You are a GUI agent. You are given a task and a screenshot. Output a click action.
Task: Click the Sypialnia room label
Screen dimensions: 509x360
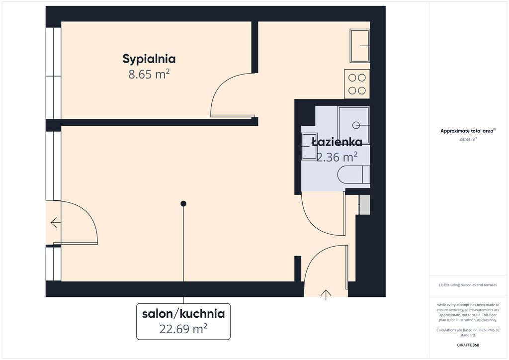[149, 59]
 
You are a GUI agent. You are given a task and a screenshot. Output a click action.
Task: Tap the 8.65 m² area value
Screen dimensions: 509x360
[149, 75]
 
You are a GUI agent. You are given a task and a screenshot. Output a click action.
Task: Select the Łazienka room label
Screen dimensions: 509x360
[337, 142]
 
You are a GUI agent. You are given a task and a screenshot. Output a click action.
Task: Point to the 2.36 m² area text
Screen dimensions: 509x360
[337, 157]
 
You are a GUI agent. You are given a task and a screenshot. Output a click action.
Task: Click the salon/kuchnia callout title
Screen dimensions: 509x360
[183, 314]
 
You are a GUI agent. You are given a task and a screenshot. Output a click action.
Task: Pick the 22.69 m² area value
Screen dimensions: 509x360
[183, 329]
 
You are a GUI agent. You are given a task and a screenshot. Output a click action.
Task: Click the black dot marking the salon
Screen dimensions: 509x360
[183, 204]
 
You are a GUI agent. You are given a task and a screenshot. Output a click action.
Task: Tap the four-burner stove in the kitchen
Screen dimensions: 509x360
[357, 84]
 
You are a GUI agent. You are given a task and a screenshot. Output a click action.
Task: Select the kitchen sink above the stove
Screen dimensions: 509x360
[360, 46]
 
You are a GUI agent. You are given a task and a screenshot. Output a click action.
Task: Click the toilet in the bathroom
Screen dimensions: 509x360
[353, 175]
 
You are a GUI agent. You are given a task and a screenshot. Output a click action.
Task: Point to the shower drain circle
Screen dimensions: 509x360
[356, 125]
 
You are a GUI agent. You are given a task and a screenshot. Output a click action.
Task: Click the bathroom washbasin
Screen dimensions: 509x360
[309, 146]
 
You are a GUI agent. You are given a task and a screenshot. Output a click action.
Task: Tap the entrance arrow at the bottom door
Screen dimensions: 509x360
[326, 295]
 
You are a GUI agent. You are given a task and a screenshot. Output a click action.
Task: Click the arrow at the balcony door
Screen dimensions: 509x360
[56, 223]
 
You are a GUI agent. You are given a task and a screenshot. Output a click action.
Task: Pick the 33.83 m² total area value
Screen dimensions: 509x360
[468, 140]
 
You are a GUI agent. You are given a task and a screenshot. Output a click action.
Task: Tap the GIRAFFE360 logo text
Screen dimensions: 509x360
[468, 345]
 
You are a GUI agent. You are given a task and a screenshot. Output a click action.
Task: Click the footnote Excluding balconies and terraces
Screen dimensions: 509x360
[468, 285]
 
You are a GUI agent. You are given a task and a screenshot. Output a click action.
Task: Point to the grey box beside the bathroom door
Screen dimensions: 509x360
[364, 205]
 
